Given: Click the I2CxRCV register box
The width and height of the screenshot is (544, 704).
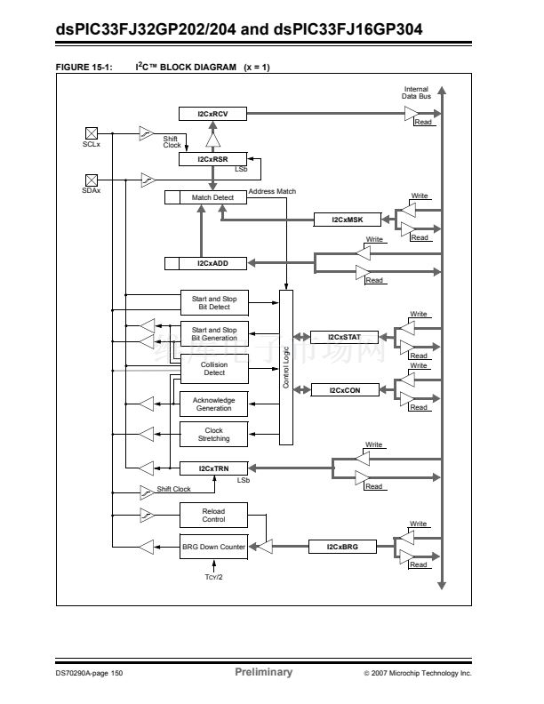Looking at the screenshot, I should click(x=213, y=113).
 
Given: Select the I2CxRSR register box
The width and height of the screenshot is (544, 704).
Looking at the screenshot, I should click(x=213, y=158).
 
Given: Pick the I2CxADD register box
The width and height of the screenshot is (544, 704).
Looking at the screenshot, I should click(x=213, y=263).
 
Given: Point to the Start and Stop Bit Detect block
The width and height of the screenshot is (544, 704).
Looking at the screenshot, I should click(x=214, y=303).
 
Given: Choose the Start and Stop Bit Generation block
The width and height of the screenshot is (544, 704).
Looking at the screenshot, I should click(x=214, y=333).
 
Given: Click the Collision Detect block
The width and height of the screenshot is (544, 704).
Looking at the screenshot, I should click(x=214, y=368).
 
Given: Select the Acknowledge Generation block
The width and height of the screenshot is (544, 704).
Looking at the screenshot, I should click(x=214, y=404).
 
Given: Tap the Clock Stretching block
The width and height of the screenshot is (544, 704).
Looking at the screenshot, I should click(x=214, y=435).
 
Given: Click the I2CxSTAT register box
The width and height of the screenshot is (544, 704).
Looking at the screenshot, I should click(x=344, y=337).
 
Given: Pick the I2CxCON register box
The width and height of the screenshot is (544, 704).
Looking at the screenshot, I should click(x=344, y=389).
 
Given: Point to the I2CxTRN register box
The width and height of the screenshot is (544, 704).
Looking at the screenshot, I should click(x=213, y=468).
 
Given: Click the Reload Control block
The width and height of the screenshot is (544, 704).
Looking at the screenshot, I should click(x=214, y=516).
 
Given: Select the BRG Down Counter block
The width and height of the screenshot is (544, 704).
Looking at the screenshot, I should click(x=213, y=547).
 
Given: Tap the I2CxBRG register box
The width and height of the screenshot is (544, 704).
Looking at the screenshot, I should click(x=344, y=547).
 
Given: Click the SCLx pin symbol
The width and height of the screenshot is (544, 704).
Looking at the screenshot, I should click(x=90, y=132).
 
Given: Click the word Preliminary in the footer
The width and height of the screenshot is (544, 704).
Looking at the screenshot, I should click(x=263, y=672).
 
